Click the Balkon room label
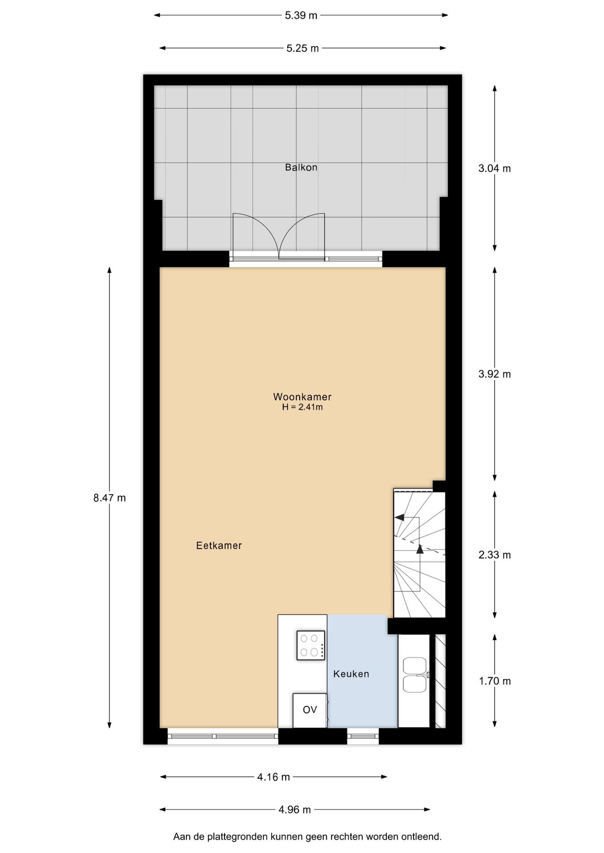(x=301, y=167)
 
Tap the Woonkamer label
(x=302, y=397)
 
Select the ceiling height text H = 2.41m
(x=302, y=407)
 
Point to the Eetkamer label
(x=219, y=546)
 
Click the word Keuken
(x=351, y=674)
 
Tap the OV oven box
(x=310, y=710)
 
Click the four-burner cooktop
(x=310, y=645)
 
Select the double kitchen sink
(x=415, y=675)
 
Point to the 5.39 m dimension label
(x=301, y=16)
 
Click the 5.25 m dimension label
(x=302, y=48)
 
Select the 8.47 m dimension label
(x=109, y=498)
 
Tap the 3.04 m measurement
(x=495, y=168)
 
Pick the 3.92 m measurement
(x=495, y=374)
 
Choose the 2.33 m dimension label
(x=495, y=555)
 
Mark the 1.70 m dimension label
(x=495, y=681)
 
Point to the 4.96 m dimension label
(x=295, y=810)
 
